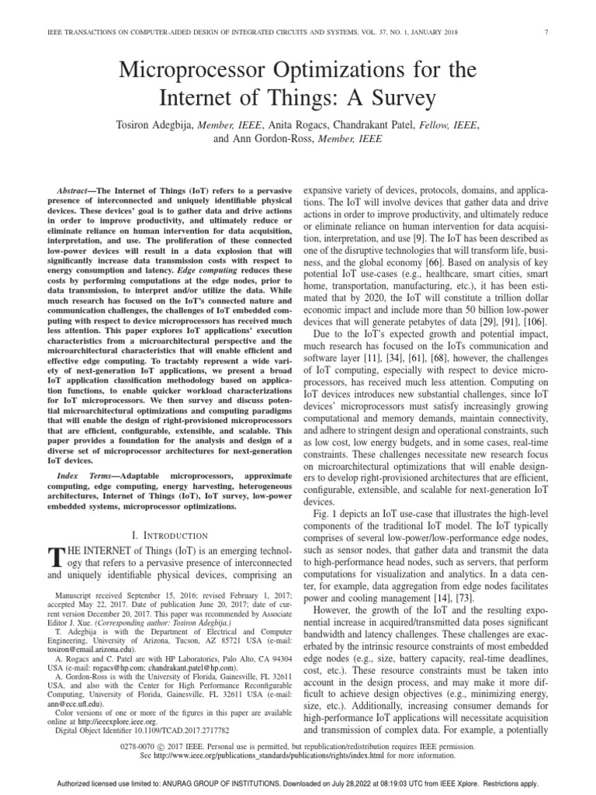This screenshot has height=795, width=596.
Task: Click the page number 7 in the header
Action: tap(548, 32)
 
